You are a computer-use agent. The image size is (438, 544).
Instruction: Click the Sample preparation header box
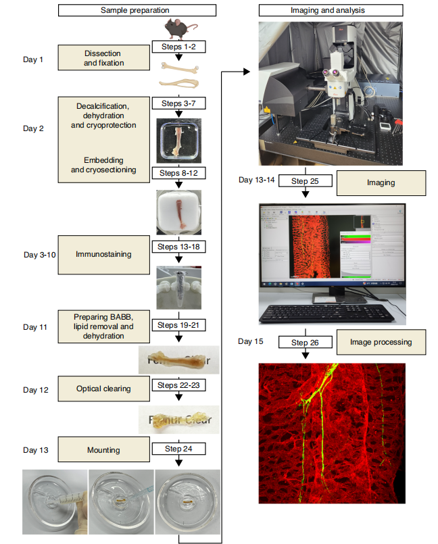pyautogui.click(x=137, y=10)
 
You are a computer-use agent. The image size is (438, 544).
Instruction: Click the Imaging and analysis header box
pyautogui.click(x=331, y=10)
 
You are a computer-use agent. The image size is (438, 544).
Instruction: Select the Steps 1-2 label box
pyautogui.click(x=178, y=47)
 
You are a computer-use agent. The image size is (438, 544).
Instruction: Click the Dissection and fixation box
pyautogui.click(x=105, y=58)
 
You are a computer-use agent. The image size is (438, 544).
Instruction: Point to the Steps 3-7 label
pyautogui.click(x=178, y=103)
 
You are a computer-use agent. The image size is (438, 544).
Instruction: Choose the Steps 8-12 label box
pyautogui.click(x=178, y=172)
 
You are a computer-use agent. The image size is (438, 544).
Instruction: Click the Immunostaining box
pyautogui.click(x=103, y=254)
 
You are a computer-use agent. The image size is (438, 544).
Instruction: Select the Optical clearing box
pyautogui.click(x=103, y=389)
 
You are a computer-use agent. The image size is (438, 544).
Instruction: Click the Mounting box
pyautogui.click(x=103, y=449)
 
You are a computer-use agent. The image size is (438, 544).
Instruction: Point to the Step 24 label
pyautogui.click(x=178, y=448)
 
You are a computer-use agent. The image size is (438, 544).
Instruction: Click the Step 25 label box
pyautogui.click(x=306, y=181)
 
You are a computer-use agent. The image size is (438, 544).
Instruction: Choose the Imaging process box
pyautogui.click(x=381, y=182)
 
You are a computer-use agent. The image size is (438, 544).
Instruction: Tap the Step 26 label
pyautogui.click(x=306, y=343)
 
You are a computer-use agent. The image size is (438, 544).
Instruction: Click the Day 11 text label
pyautogui.click(x=34, y=327)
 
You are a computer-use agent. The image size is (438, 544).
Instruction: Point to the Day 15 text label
pyautogui.click(x=250, y=341)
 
